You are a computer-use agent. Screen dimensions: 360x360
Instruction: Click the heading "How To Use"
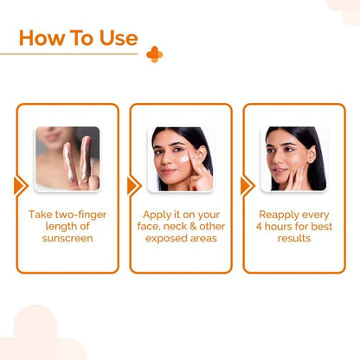click(78, 38)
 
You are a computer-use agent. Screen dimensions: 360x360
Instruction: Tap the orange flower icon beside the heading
click(154, 55)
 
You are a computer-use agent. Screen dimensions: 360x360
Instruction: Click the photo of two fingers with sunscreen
click(67, 159)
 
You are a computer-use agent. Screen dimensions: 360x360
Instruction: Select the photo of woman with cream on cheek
click(180, 159)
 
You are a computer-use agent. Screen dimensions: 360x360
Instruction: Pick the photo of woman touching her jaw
click(293, 159)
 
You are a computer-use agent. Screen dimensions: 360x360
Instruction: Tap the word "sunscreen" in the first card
click(67, 238)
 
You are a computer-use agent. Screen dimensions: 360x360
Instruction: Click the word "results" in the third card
click(293, 238)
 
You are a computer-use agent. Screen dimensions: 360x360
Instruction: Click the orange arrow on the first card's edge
click(20, 186)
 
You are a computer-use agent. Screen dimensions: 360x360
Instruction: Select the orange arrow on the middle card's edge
click(133, 186)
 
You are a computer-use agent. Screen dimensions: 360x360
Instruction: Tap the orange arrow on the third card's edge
click(247, 186)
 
